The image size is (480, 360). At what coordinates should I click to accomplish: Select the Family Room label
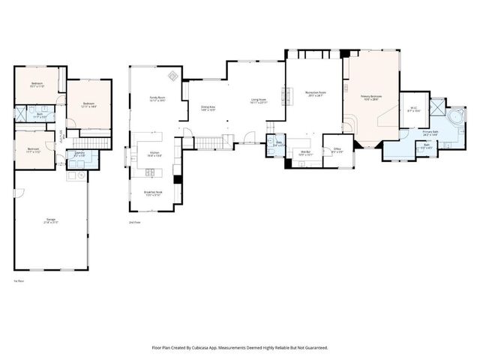(156, 97)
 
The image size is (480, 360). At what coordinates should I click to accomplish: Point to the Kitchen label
(154, 154)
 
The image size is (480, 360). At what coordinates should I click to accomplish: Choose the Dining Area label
(208, 107)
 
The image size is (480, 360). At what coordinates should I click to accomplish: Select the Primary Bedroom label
(371, 96)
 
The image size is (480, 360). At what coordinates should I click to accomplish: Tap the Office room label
(337, 149)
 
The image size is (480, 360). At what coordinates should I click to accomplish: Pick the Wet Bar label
(305, 153)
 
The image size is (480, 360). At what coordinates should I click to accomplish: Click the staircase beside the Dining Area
(209, 142)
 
